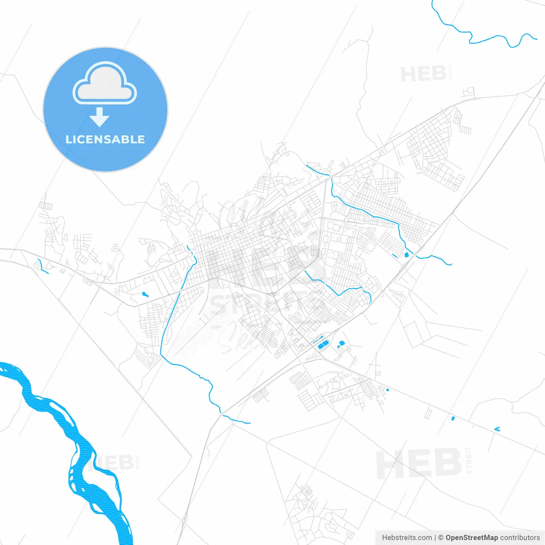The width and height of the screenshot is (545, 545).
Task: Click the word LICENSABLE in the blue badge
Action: (x=105, y=139)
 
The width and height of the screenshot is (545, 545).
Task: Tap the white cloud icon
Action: (x=105, y=84)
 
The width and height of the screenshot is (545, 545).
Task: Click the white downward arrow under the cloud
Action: (x=100, y=117)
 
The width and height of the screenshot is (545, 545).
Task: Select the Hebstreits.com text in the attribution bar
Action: (x=407, y=538)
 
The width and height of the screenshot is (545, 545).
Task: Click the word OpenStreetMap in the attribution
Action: (x=471, y=538)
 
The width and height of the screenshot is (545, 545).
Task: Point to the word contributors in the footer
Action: (x=520, y=538)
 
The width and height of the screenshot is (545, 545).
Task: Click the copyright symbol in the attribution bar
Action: (x=441, y=538)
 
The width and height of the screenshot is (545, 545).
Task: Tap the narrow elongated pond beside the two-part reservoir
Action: (x=341, y=344)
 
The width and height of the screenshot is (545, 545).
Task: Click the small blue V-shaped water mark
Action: (x=497, y=429)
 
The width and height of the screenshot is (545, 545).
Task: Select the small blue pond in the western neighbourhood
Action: (x=145, y=294)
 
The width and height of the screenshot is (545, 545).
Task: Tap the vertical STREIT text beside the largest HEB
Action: (x=469, y=460)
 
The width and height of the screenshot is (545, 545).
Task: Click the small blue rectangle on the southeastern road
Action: (x=453, y=419)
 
